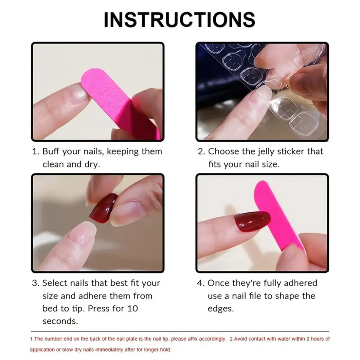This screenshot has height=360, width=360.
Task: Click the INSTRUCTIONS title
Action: click(x=179, y=20)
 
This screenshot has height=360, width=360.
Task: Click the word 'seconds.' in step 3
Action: click(x=60, y=321)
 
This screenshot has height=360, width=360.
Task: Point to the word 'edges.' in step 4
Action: click(x=221, y=308)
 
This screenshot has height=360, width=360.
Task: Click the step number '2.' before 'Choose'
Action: click(x=202, y=152)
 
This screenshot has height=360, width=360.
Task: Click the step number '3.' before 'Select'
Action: click(x=36, y=283)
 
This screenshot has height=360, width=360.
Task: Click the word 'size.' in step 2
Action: click(x=270, y=164)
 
